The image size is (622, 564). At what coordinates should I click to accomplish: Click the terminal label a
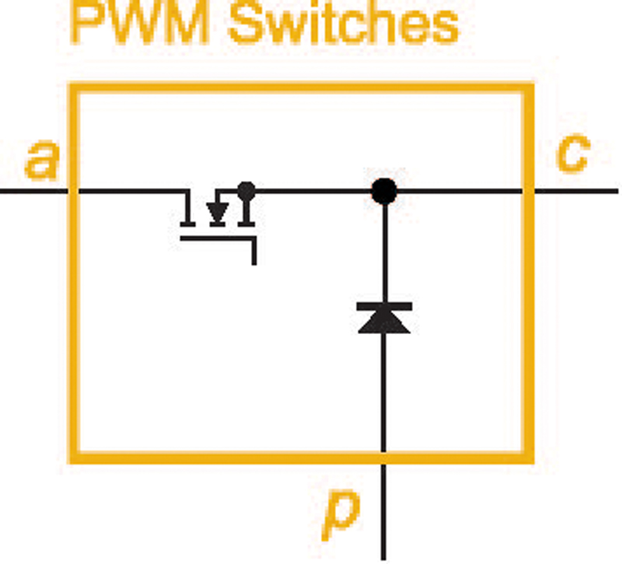(42, 159)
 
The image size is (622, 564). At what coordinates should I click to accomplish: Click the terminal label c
(573, 153)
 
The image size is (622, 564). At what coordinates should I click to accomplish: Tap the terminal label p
(341, 515)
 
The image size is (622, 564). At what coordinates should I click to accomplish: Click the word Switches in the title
(344, 24)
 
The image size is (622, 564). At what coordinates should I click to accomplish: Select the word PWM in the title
(140, 24)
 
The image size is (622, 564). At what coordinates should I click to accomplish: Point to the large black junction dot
(384, 191)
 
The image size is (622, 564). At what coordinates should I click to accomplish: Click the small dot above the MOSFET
(246, 190)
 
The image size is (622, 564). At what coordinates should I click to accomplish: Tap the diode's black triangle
(384, 322)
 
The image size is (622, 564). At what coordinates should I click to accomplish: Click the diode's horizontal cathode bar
(384, 306)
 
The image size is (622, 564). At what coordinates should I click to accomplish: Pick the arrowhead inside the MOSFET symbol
(218, 212)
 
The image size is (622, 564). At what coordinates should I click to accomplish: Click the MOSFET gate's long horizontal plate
(217, 238)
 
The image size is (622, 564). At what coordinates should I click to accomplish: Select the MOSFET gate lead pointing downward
(254, 251)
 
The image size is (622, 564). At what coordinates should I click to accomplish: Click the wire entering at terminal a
(33, 191)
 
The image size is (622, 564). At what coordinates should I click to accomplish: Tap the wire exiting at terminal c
(576, 191)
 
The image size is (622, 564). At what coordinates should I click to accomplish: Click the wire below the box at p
(383, 512)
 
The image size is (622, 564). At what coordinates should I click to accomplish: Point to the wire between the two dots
(313, 191)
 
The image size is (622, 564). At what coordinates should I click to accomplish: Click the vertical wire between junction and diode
(384, 253)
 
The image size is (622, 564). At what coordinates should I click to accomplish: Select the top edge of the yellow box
(302, 88)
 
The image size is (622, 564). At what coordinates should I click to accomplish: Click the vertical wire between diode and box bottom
(383, 392)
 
